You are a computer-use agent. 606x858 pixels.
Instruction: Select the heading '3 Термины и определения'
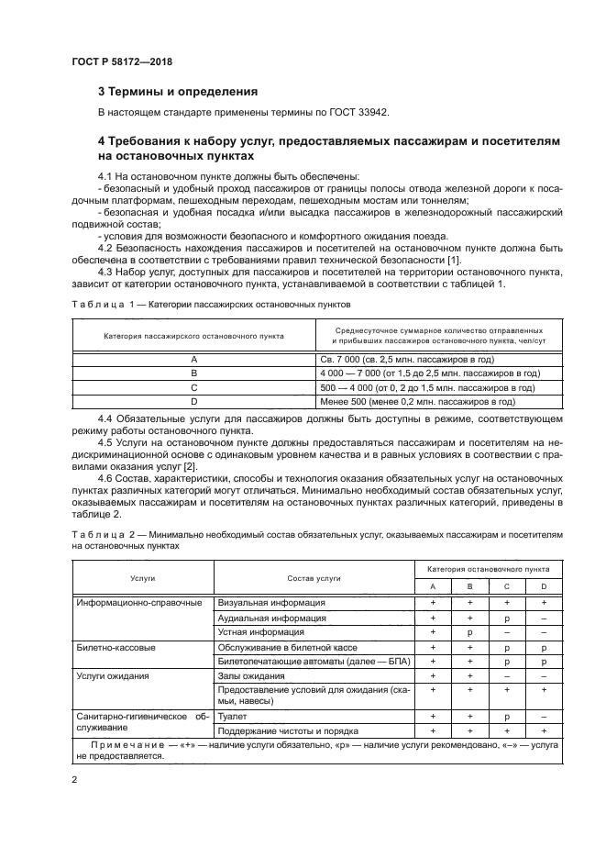point(178,92)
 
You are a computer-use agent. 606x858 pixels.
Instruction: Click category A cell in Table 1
point(193,360)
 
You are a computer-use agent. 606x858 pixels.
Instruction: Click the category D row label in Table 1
point(193,401)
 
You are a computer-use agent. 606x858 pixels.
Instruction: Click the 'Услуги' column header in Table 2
point(142,579)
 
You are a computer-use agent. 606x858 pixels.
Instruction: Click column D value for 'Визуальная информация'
point(544,603)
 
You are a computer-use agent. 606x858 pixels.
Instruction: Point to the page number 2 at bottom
point(75,779)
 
